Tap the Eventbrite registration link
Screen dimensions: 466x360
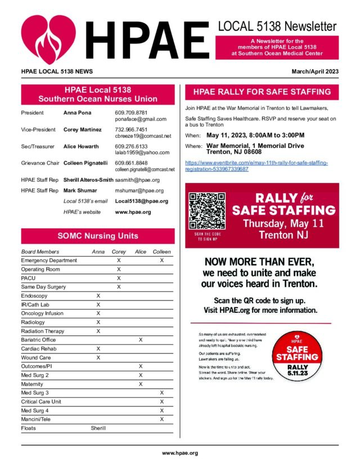(256, 166)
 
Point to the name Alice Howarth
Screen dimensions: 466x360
(80, 146)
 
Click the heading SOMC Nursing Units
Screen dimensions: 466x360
(97, 236)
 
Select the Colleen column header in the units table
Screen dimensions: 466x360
(162, 252)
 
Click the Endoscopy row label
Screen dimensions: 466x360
(34, 295)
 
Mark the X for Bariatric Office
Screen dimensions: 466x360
(141, 340)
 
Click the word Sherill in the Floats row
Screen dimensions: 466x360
(98, 428)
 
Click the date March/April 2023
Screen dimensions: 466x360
(315, 72)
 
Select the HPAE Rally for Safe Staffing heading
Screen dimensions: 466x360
(262, 92)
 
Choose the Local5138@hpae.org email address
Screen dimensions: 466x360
(141, 201)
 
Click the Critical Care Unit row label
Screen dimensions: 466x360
(41, 402)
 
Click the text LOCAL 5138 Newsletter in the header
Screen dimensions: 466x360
(277, 26)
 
